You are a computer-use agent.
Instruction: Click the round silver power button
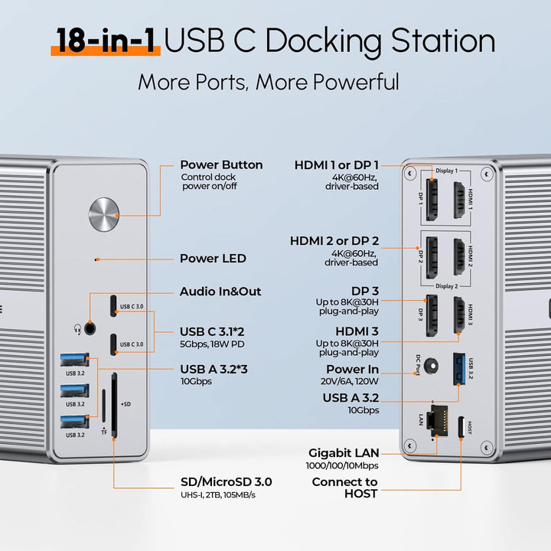[104, 215]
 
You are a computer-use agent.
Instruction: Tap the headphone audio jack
[92, 329]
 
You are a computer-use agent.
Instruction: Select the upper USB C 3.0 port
[114, 305]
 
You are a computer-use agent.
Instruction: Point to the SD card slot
[115, 404]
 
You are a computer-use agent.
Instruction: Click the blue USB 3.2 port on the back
[459, 368]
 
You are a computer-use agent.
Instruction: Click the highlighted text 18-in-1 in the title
[106, 41]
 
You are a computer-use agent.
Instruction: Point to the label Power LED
[213, 259]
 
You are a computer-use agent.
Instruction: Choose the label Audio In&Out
[220, 292]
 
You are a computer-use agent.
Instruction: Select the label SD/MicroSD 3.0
[226, 482]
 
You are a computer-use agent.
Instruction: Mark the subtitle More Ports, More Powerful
[269, 82]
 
